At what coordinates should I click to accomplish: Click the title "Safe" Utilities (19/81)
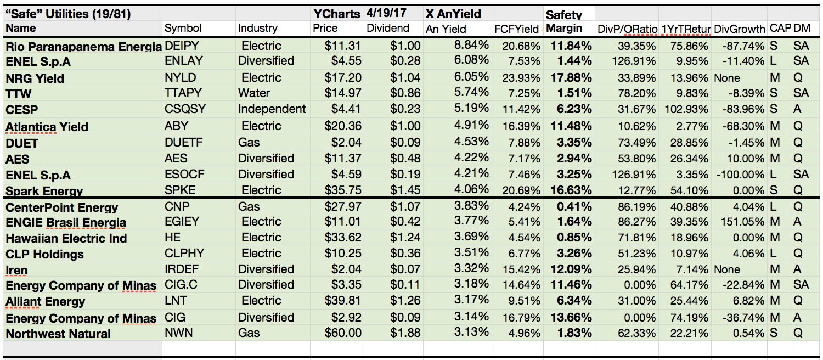tap(68, 14)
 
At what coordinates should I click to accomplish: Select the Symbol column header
tap(183, 28)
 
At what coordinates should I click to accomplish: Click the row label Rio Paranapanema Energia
tap(83, 47)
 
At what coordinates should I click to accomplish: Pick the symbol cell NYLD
tap(181, 78)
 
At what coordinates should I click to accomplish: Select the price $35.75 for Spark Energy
tap(343, 190)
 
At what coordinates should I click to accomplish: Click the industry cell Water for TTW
tap(254, 93)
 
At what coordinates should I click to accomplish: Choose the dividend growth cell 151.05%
tap(740, 222)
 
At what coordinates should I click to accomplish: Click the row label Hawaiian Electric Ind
tap(66, 239)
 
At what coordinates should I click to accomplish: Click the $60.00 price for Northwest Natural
tap(343, 333)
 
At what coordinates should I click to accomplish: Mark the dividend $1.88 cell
tap(405, 333)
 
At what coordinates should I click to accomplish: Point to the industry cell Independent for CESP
tap(272, 109)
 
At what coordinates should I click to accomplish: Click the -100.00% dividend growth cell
tap(740, 175)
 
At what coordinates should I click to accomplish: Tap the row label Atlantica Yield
tap(47, 127)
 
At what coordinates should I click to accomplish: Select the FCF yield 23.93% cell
tap(518, 78)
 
